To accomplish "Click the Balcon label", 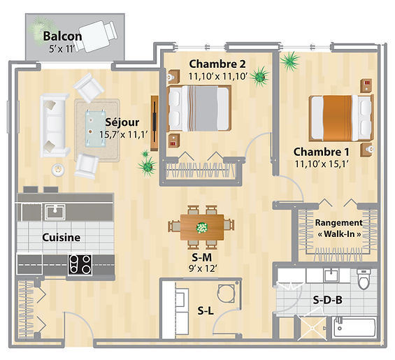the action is (x=62, y=36).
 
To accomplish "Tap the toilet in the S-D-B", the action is (x=363, y=279).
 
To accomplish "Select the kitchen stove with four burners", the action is (x=80, y=264).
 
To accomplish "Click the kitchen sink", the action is (x=55, y=212).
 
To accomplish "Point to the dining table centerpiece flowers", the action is (x=202, y=227).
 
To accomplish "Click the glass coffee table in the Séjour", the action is (x=95, y=128).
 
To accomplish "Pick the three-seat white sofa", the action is (x=54, y=125).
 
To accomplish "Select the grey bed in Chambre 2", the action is (x=199, y=108).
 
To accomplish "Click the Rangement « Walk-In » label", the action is (x=339, y=229).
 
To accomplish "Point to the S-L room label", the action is (x=206, y=311).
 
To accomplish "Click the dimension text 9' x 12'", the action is (x=203, y=269).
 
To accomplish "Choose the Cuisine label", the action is (x=62, y=237).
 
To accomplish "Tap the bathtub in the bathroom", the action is (x=354, y=326).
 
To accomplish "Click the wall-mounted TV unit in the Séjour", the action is (x=155, y=123).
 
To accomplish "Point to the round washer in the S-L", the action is (x=227, y=294).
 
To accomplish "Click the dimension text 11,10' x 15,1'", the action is (x=321, y=164).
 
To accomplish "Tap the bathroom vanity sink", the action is (x=331, y=275).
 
